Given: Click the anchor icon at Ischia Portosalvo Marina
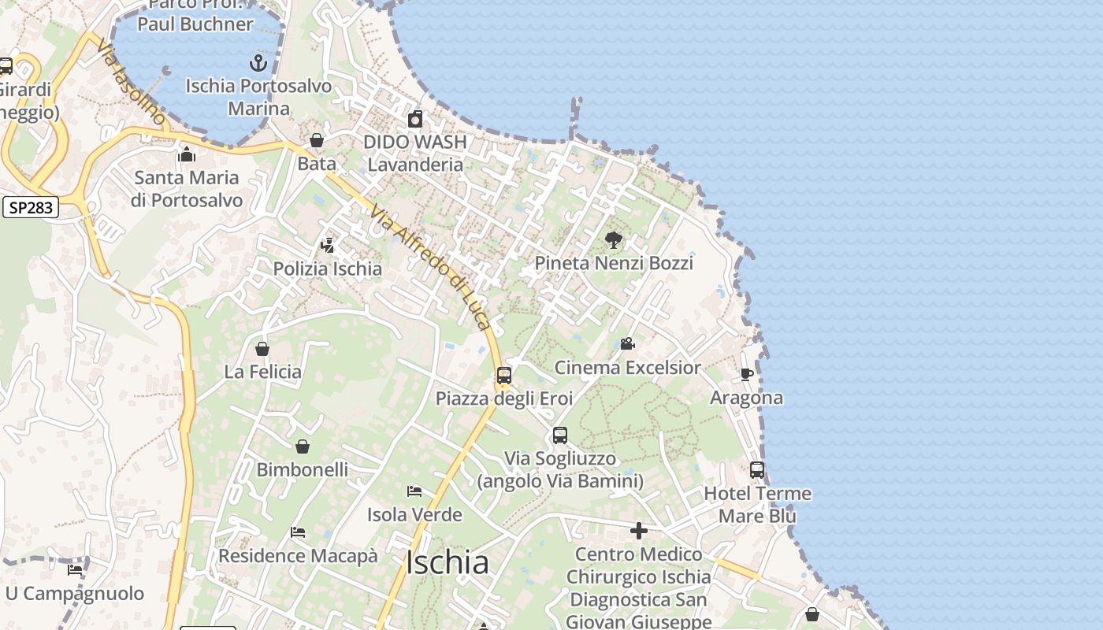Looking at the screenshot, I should click(258, 63).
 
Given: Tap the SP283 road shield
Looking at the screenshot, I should click(32, 208).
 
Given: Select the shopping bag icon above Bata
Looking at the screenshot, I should click(317, 140).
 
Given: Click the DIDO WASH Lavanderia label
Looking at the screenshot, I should click(415, 154).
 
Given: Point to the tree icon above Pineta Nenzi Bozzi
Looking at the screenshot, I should click(613, 239).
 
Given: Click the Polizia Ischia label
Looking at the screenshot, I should click(327, 269).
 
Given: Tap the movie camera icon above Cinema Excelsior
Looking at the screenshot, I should click(627, 343).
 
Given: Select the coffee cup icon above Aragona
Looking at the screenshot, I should click(747, 374).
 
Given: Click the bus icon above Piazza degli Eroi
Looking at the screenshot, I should click(504, 375).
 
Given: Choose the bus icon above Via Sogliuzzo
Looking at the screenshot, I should click(560, 435).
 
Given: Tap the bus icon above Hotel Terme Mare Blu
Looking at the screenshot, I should click(757, 470).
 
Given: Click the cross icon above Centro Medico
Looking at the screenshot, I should click(639, 531).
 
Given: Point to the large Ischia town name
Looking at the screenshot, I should click(447, 562).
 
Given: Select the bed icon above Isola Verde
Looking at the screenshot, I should click(414, 491).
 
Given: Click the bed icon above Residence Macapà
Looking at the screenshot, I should click(298, 532).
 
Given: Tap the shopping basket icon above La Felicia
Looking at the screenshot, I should click(262, 348).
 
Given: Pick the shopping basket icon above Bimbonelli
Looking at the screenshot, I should click(303, 447).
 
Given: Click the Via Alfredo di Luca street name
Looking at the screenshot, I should click(431, 268).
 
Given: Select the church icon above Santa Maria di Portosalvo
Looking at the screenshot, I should click(187, 154).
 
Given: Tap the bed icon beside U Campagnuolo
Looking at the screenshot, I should click(75, 569).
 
